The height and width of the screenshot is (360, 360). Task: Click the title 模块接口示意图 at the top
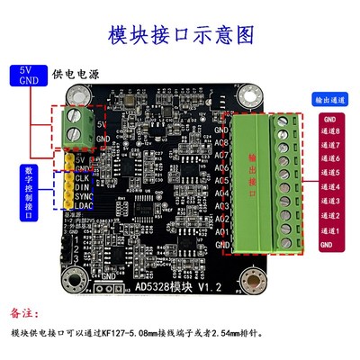pyautogui.click(x=181, y=35)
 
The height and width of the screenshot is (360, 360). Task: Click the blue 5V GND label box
pyautogui.click(x=26, y=74)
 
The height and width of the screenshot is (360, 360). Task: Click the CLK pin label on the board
pyautogui.click(x=84, y=178)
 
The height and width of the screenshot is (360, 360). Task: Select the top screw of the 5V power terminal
pyautogui.click(x=76, y=118)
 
